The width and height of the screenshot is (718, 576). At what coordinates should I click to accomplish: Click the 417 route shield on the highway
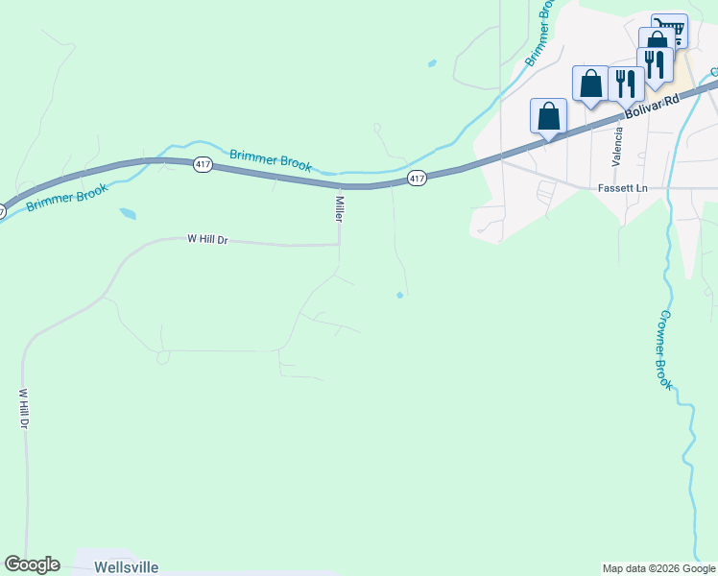point(416,179)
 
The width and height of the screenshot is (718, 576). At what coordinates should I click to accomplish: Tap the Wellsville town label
point(127,567)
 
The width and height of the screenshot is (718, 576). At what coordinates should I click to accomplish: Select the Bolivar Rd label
point(644,107)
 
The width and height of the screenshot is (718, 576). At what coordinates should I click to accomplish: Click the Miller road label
point(339,209)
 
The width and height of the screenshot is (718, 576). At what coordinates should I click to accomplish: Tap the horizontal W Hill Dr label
point(207,240)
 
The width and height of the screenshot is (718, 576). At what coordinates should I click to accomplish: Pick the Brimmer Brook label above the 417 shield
point(271,158)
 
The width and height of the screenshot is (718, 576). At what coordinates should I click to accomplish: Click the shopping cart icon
point(669,30)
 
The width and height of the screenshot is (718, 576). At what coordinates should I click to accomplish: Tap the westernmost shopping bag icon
point(548,116)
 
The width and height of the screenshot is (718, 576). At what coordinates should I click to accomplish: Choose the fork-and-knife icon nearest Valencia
point(626,84)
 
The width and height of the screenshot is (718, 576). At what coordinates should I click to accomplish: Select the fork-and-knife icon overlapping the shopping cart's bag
point(655,64)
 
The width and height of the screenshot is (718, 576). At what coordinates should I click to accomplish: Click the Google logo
point(33,564)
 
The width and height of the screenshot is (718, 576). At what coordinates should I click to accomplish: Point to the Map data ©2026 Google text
point(658,568)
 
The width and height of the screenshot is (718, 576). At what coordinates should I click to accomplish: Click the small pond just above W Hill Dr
point(127,214)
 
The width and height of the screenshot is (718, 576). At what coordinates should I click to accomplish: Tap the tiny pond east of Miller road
point(399,295)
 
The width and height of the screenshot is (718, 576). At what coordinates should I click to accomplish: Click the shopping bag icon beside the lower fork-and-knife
point(591,84)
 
